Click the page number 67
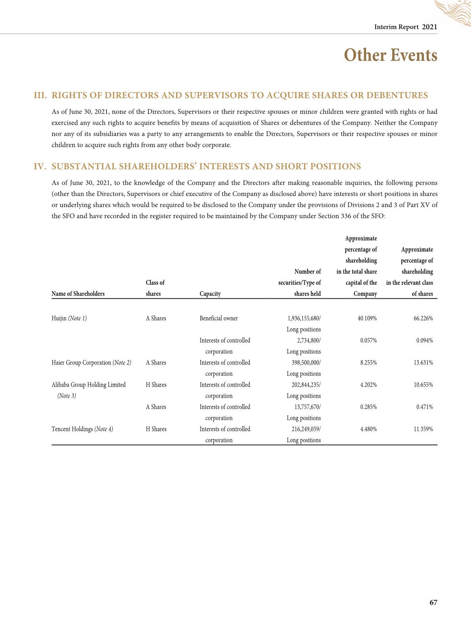coord(433,603)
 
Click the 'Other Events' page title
coord(391,55)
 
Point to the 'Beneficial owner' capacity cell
coord(218,319)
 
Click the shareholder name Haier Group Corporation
coord(81,363)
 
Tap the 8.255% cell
coord(368,363)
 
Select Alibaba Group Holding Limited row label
coord(88,385)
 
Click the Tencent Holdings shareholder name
coord(72,429)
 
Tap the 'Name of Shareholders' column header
coord(78,294)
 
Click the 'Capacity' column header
coord(210,294)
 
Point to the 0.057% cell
coord(368,341)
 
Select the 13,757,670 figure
coord(307,407)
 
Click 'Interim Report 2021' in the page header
coord(406,27)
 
